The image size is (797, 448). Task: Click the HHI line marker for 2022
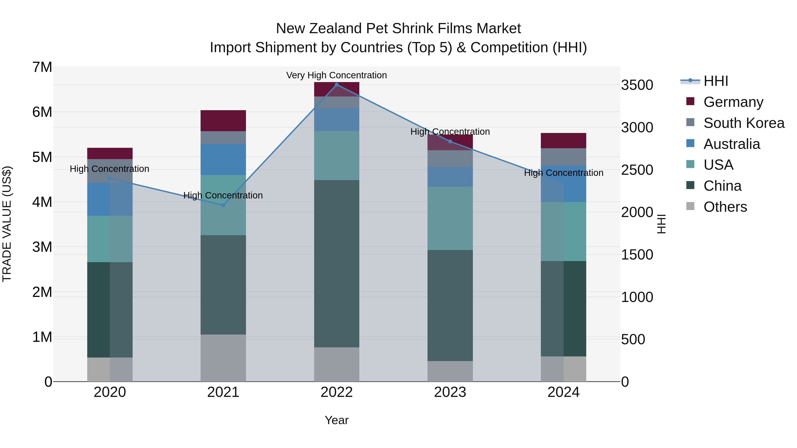(x=337, y=85)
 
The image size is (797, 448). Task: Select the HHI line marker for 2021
(x=223, y=205)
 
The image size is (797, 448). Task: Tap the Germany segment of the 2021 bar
(x=223, y=121)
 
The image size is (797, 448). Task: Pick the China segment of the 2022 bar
(x=337, y=263)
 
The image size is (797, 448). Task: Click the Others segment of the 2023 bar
(x=450, y=371)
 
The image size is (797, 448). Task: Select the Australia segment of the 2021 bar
(x=223, y=159)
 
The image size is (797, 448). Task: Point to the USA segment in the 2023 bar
(x=450, y=218)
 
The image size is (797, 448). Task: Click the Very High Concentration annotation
(x=336, y=75)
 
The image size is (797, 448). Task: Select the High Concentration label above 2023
(x=450, y=132)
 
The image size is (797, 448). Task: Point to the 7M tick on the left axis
(x=42, y=67)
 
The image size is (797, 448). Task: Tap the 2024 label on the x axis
(x=563, y=392)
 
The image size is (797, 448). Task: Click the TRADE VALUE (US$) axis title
(x=7, y=224)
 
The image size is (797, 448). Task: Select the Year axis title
(x=336, y=420)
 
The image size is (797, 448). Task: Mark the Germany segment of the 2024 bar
(x=563, y=141)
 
